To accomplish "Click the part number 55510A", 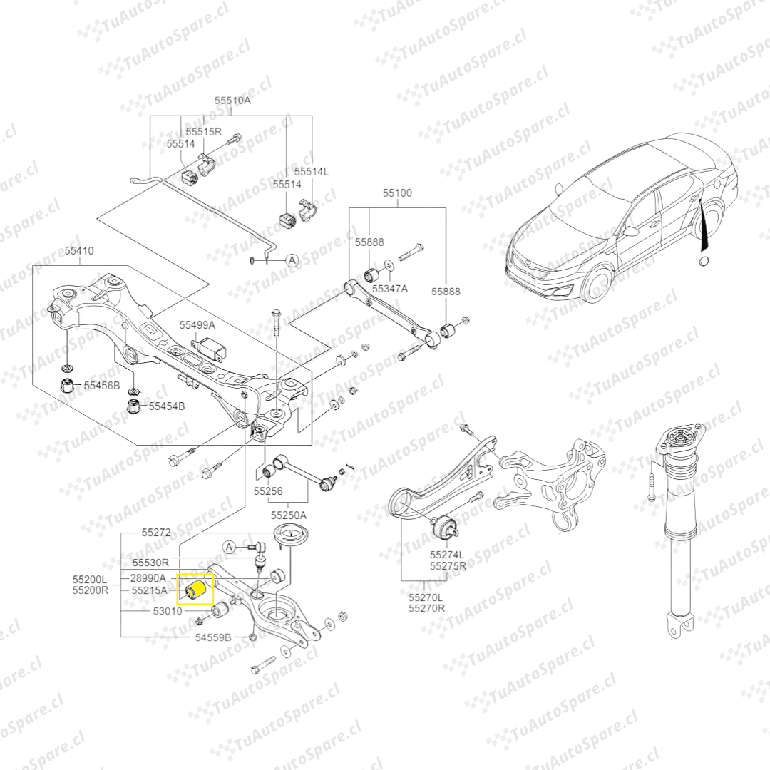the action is pyautogui.click(x=232, y=101).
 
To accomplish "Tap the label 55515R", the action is pyautogui.click(x=203, y=132).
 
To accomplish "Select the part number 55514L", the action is pyautogui.click(x=312, y=171).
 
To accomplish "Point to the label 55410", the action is pyautogui.click(x=79, y=250).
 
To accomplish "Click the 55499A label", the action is pyautogui.click(x=197, y=324).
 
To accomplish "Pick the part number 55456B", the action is pyautogui.click(x=102, y=386).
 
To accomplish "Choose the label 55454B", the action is pyautogui.click(x=167, y=406).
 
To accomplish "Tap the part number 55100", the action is pyautogui.click(x=397, y=193).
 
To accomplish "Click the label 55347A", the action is pyautogui.click(x=389, y=289).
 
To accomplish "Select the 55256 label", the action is pyautogui.click(x=268, y=491).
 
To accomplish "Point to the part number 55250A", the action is pyautogui.click(x=289, y=515).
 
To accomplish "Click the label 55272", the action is pyautogui.click(x=156, y=533).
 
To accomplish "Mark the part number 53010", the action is pyautogui.click(x=168, y=611).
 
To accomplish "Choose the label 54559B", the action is pyautogui.click(x=213, y=637).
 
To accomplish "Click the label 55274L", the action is pyautogui.click(x=447, y=555).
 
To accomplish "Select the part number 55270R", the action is pyautogui.click(x=426, y=608).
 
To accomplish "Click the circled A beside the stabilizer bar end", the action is pyautogui.click(x=293, y=260).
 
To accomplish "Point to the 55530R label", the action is pyautogui.click(x=150, y=563).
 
